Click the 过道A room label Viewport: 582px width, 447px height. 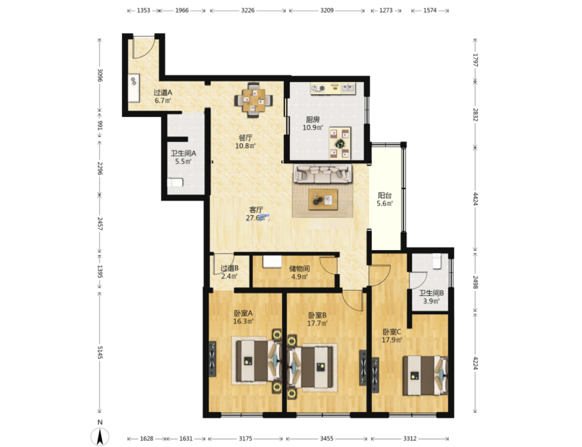(163, 92)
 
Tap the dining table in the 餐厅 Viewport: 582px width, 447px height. (254, 100)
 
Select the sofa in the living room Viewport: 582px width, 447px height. (322, 174)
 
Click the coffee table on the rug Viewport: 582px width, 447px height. (323, 199)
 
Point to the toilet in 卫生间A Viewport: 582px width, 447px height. (175, 182)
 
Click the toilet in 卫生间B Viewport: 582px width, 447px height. (437, 261)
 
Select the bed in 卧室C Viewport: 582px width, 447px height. (425, 375)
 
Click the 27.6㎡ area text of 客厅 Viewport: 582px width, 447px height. (257, 218)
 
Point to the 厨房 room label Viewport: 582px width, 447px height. (313, 119)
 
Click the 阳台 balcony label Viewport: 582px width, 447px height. (385, 195)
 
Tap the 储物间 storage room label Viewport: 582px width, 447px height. (299, 268)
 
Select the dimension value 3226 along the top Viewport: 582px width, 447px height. (248, 10)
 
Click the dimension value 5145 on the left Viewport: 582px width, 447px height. (100, 352)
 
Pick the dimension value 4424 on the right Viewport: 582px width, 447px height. (475, 199)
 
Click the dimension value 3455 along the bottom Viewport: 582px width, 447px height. (326, 439)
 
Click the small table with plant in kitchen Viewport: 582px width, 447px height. (340, 143)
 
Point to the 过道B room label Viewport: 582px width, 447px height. (230, 268)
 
